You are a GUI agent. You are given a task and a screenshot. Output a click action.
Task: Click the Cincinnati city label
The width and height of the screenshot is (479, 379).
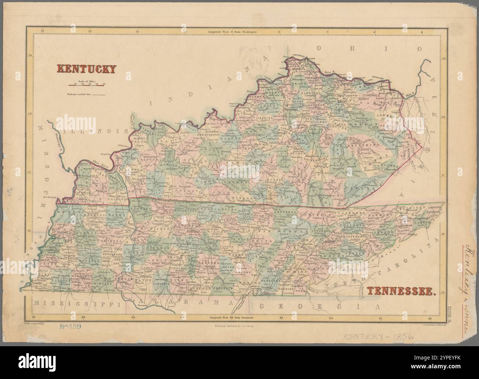tap(300, 55)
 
